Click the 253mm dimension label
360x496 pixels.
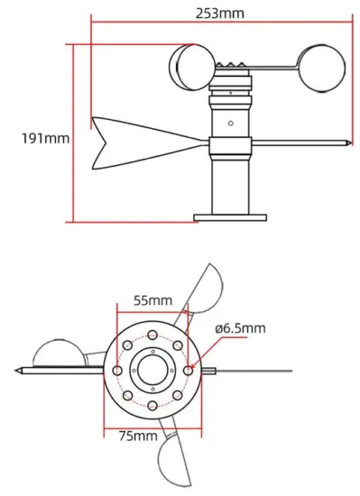click(218, 14)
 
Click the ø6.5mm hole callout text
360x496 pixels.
click(239, 329)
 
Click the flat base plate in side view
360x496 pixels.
click(231, 216)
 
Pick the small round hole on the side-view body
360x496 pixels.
click(231, 122)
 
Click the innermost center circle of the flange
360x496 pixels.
click(152, 369)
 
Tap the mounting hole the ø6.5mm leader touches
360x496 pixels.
click(188, 369)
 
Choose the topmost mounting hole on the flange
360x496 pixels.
click(152, 335)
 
